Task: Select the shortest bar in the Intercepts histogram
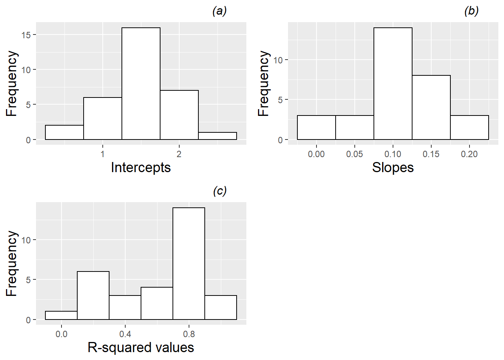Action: pyautogui.click(x=217, y=136)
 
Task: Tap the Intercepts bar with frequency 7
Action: pyautogui.click(x=179, y=115)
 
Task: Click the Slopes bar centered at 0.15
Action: pyautogui.click(x=431, y=107)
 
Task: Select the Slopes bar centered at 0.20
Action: pyautogui.click(x=469, y=127)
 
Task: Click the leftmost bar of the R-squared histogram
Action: pyautogui.click(x=61, y=315)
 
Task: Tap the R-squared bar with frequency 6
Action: pyautogui.click(x=93, y=295)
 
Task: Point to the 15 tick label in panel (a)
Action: pyautogui.click(x=26, y=35)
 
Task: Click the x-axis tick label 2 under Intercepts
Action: pyautogui.click(x=179, y=154)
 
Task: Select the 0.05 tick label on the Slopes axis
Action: pyautogui.click(x=354, y=154)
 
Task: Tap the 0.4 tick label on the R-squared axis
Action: pyautogui.click(x=125, y=334)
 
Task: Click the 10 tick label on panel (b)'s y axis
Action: pyautogui.click(x=278, y=60)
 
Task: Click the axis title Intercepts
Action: pyautogui.click(x=141, y=167)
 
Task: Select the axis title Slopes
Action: pyautogui.click(x=393, y=167)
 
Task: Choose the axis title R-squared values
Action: pyautogui.click(x=141, y=348)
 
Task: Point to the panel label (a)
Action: pyautogui.click(x=219, y=11)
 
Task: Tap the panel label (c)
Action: pyautogui.click(x=220, y=191)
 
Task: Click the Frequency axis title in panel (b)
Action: pyautogui.click(x=264, y=83)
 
